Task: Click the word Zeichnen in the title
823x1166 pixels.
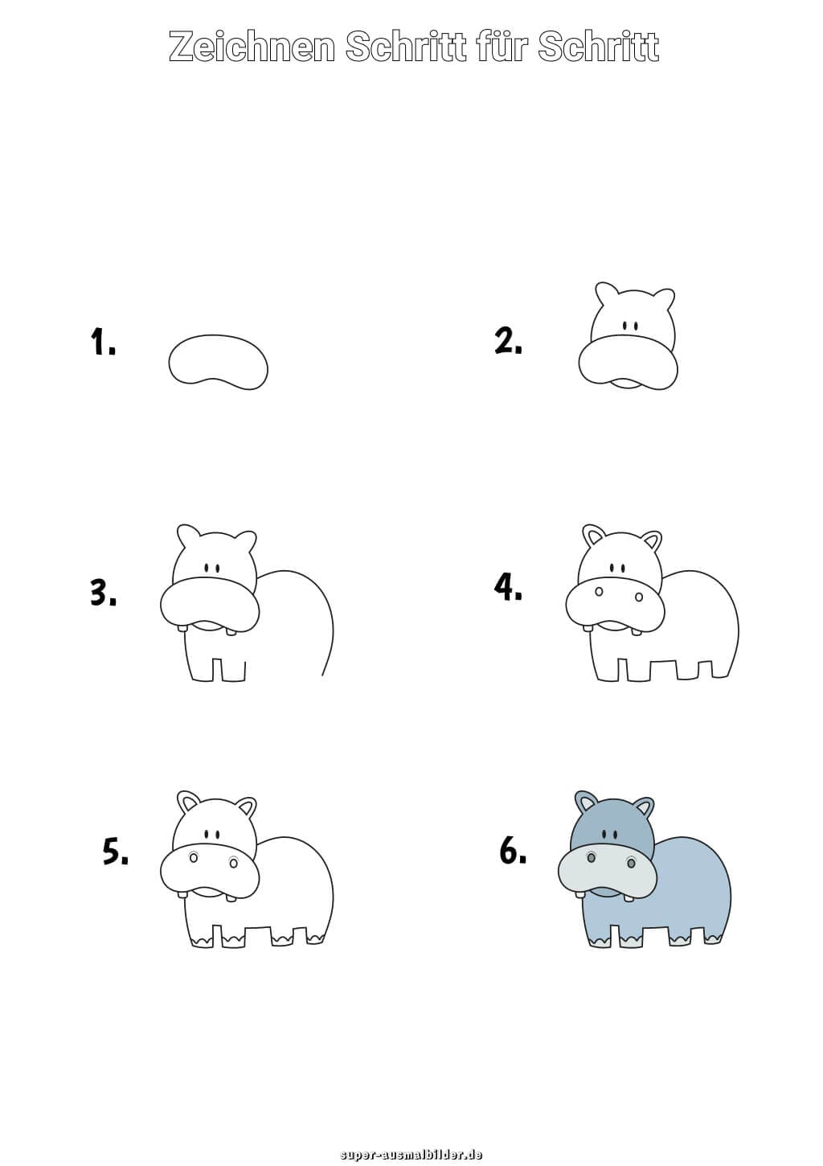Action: click(252, 47)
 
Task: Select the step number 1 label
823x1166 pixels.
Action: click(103, 342)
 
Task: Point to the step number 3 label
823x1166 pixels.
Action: click(103, 592)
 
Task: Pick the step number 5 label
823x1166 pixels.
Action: click(116, 852)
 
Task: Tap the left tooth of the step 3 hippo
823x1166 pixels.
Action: click(182, 628)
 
